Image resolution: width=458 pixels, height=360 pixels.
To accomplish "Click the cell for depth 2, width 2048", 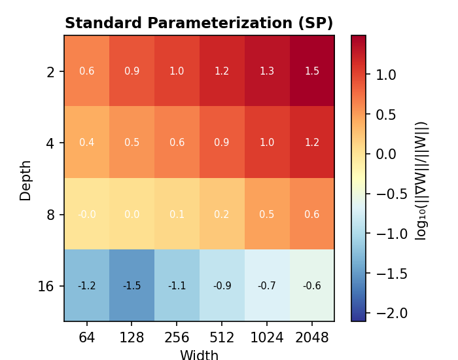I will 311,71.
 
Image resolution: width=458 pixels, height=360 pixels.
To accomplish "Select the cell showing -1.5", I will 132,285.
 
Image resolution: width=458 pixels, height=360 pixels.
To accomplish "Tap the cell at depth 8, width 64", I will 86,214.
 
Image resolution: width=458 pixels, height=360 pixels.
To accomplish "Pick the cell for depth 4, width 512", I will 222,142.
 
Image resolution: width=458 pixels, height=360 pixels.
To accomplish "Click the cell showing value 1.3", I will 267,71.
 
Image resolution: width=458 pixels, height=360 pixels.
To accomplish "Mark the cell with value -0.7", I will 267,285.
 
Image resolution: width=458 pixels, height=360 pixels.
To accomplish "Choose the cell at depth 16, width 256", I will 177,285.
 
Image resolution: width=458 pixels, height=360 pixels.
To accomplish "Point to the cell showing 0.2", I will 222,214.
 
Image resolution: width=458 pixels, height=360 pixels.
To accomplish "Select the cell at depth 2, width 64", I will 86,71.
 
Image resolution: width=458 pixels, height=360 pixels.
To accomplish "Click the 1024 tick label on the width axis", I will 267,338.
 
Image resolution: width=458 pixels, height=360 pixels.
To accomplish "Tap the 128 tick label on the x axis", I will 132,338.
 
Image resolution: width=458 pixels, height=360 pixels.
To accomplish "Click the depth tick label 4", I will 50,143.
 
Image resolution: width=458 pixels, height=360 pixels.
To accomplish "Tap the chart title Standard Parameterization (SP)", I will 199,24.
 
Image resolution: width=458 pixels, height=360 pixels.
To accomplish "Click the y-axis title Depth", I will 26,180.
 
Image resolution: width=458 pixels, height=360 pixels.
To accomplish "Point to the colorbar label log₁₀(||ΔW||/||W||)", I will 421,180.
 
